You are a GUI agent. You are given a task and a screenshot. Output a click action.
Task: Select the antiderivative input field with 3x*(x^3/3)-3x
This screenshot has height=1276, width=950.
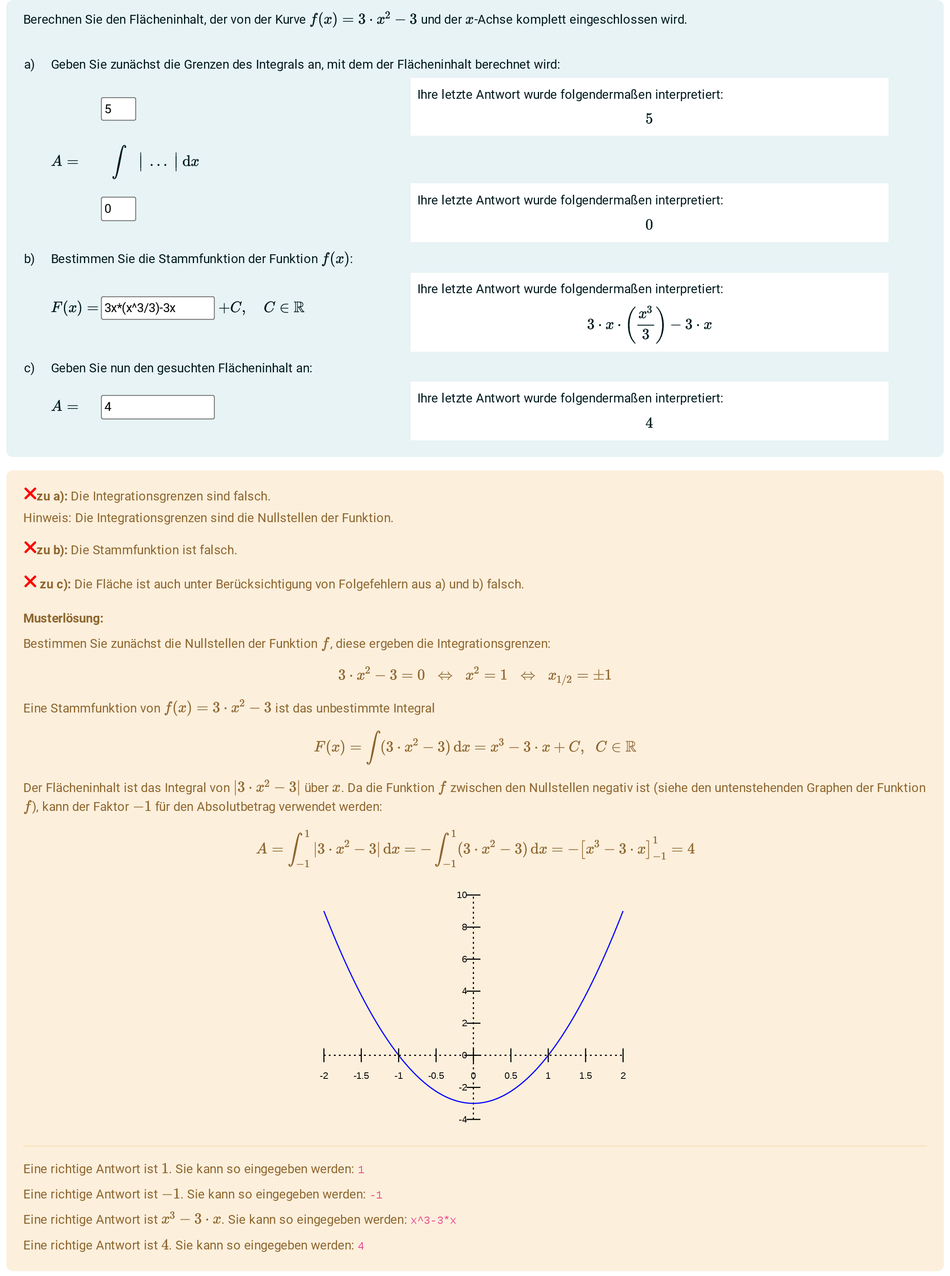pyautogui.click(x=157, y=308)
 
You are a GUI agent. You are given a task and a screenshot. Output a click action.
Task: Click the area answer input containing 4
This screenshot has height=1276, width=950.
pyautogui.click(x=157, y=406)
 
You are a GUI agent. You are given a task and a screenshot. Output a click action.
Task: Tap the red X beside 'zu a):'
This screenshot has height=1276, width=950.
pyautogui.click(x=30, y=493)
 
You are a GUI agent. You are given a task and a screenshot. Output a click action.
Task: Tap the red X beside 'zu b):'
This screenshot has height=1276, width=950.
pyautogui.click(x=30, y=547)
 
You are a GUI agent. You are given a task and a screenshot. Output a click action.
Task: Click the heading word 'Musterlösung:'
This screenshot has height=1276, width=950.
pyautogui.click(x=63, y=618)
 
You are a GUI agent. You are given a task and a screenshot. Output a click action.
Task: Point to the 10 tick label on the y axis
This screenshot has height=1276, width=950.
pyautogui.click(x=461, y=895)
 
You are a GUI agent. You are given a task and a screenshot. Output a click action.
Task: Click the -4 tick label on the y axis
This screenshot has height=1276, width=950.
pyautogui.click(x=462, y=1119)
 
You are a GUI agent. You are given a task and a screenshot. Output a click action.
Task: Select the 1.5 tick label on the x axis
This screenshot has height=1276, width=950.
pyautogui.click(x=585, y=1075)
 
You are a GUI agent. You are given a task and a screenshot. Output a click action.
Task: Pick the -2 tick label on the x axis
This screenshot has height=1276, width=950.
pyautogui.click(x=324, y=1075)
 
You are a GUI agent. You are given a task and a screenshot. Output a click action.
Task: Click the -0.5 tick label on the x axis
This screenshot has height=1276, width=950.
pyautogui.click(x=436, y=1075)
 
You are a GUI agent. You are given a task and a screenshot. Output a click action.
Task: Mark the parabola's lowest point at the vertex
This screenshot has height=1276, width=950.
pyautogui.click(x=473, y=1103)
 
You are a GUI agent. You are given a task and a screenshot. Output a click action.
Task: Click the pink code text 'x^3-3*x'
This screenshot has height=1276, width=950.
pyautogui.click(x=433, y=1220)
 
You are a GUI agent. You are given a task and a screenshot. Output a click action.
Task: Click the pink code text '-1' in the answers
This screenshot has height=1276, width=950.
pyautogui.click(x=376, y=1195)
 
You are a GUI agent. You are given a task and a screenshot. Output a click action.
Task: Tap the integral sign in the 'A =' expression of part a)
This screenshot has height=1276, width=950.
pyautogui.click(x=119, y=161)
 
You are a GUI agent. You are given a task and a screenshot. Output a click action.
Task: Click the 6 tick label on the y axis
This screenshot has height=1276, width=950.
pyautogui.click(x=464, y=959)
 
